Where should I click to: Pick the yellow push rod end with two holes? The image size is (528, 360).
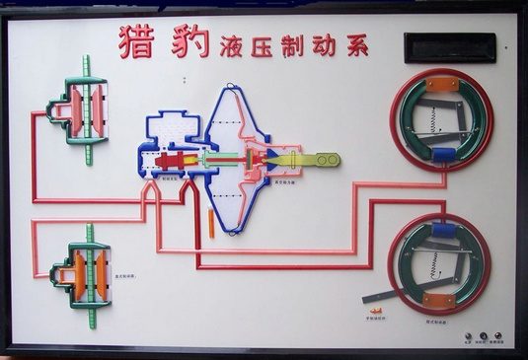click(322, 159)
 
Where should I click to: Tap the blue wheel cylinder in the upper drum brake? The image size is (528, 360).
click(442, 155)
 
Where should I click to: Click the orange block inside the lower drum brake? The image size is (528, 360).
click(440, 299)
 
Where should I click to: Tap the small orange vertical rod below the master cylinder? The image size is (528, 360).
click(212, 223)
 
